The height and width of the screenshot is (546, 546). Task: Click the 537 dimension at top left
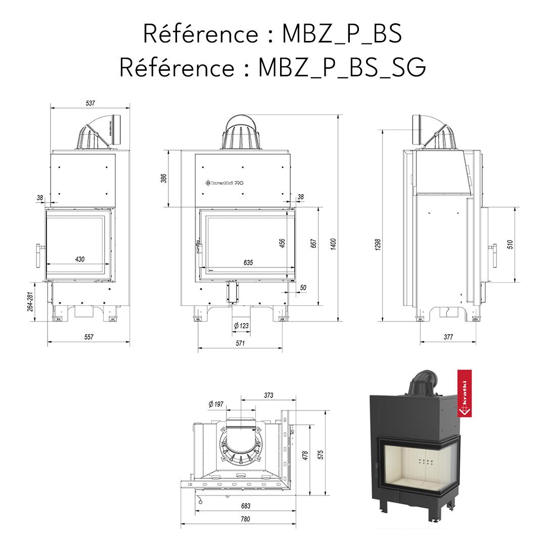(90, 103)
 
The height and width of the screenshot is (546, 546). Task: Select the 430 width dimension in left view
(79, 259)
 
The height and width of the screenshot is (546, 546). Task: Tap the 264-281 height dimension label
(30, 301)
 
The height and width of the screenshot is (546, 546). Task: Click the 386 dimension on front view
(164, 178)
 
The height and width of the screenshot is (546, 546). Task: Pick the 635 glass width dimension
(248, 263)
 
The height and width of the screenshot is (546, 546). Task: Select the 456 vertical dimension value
(283, 244)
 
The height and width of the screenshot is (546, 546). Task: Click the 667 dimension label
(313, 243)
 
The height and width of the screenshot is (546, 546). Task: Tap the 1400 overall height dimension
(333, 243)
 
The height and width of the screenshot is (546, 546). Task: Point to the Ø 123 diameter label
(241, 326)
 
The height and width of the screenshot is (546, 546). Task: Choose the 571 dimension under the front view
(240, 343)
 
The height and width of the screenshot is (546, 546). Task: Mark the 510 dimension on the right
(510, 244)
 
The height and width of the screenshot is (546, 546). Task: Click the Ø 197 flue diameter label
(215, 404)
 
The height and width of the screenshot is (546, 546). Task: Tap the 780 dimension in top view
(245, 519)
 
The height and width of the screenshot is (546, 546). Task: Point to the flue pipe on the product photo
(423, 382)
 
